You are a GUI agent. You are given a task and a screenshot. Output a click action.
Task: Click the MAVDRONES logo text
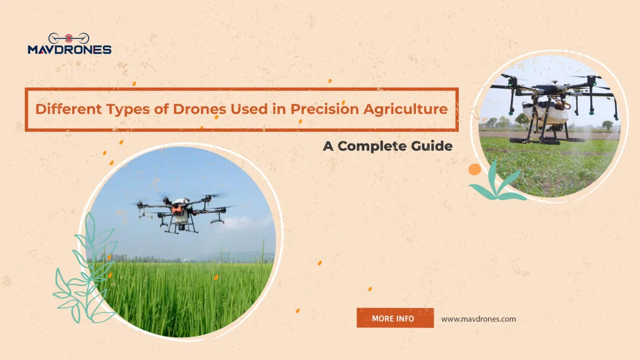pyautogui.click(x=69, y=49)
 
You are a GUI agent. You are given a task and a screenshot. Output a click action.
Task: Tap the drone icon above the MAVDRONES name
pyautogui.click(x=69, y=38)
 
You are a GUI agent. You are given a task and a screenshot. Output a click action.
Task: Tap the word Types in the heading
pyautogui.click(x=119, y=109)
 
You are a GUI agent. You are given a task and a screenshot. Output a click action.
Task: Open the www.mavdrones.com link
pyautogui.click(x=479, y=319)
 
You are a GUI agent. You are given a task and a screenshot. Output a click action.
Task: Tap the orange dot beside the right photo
pyautogui.click(x=475, y=169)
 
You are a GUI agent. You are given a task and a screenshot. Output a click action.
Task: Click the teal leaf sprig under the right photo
pyautogui.click(x=497, y=185)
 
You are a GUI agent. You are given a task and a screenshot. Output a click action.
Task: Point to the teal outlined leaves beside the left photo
pyautogui.click(x=84, y=276)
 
